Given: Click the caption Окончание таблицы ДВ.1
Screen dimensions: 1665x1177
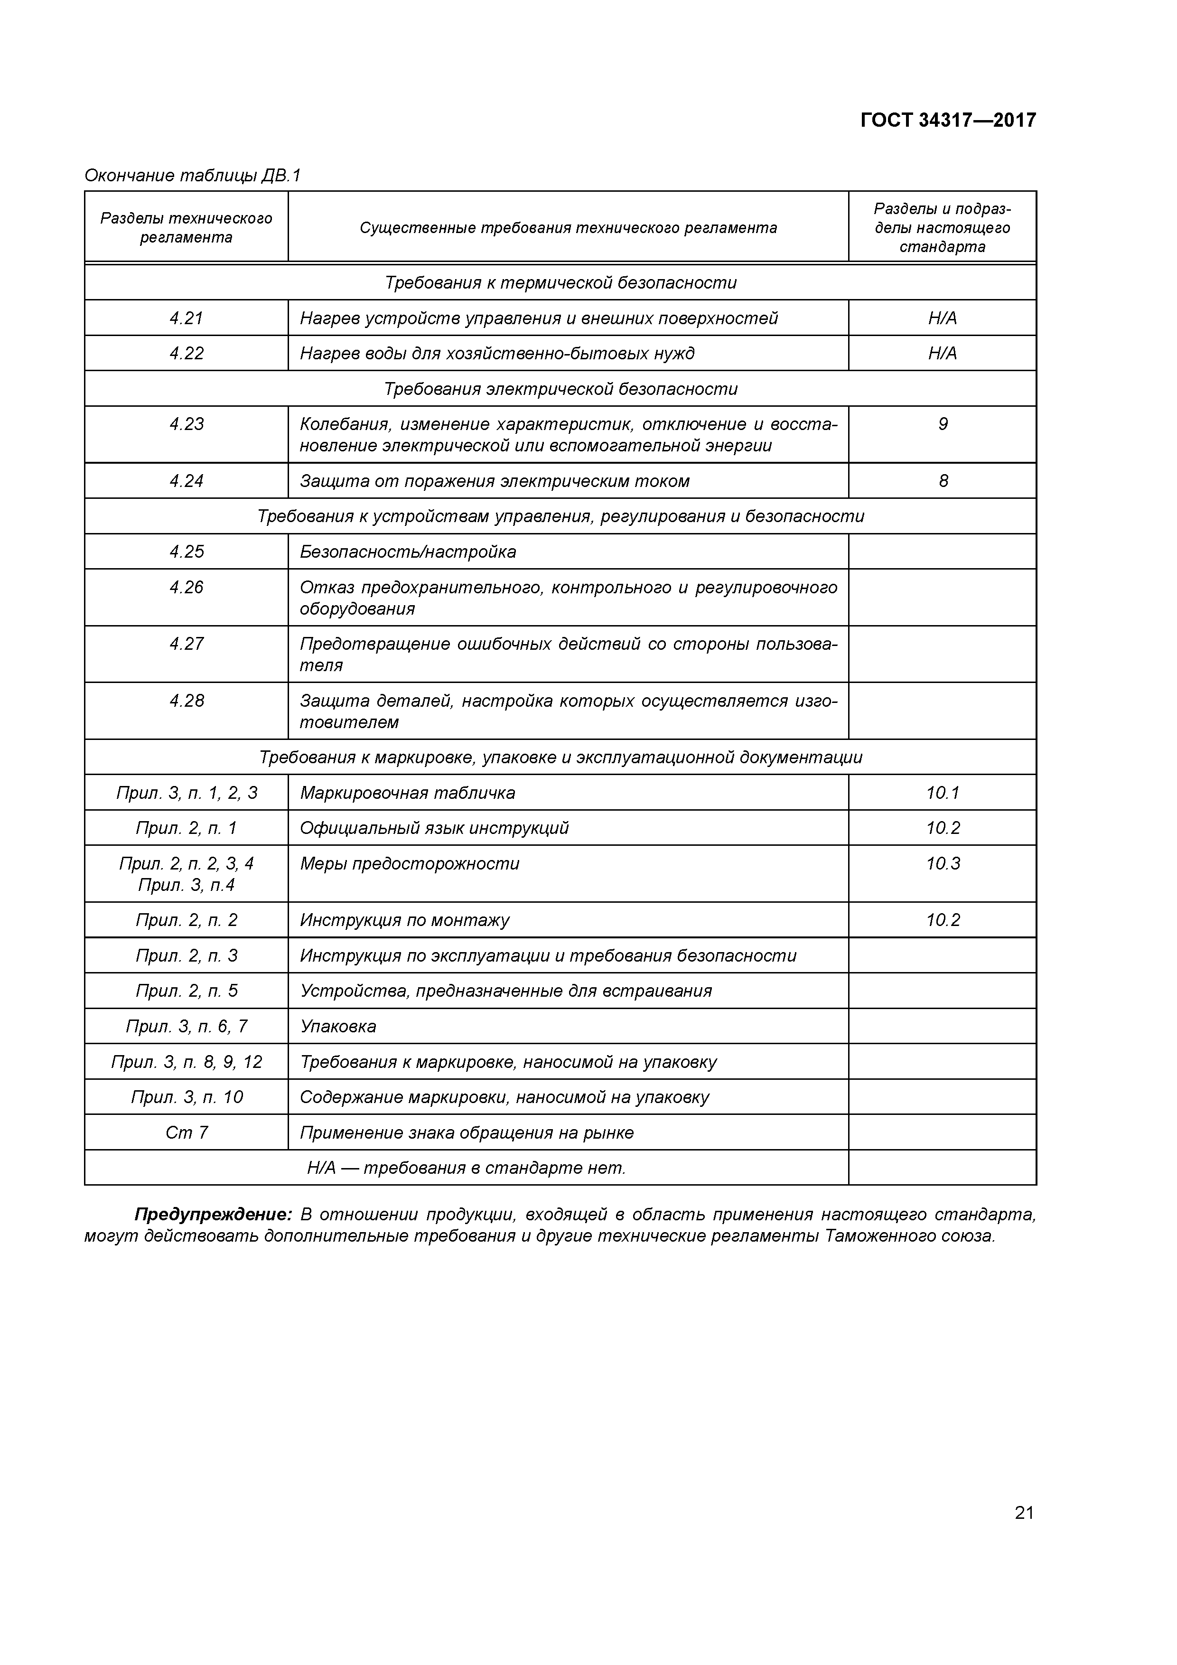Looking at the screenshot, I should coord(192,176).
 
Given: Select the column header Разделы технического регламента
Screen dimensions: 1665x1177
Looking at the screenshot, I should coord(187,228).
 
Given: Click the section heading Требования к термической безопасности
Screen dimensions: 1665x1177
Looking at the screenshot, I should coord(560,283).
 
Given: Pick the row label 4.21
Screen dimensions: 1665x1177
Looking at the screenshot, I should coord(187,318).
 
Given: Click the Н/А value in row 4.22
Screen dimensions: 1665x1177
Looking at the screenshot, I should coord(942,353).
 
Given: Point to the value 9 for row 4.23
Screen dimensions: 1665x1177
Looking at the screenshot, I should coord(943,424).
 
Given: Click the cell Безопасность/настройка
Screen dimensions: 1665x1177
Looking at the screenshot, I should coord(408,552).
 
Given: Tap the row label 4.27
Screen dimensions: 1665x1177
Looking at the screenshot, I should coord(187,644).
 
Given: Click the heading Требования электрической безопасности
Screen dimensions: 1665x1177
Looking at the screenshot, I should coord(560,389).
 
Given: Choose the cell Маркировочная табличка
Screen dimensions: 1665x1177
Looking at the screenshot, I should coord(408,793).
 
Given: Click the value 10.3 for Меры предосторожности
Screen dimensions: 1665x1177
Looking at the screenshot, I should coord(943,864).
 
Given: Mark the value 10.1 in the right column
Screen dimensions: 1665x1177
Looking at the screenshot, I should coord(943,793).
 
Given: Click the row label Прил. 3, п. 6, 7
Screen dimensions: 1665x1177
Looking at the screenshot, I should coord(187,1026).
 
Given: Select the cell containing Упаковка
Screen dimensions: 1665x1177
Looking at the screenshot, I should coord(338,1026).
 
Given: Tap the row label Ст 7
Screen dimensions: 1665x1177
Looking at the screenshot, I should coord(187,1133).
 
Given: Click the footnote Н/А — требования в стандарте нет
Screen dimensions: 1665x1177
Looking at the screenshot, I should coord(467,1168).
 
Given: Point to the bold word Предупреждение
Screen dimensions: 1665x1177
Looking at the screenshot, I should coord(213,1215).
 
